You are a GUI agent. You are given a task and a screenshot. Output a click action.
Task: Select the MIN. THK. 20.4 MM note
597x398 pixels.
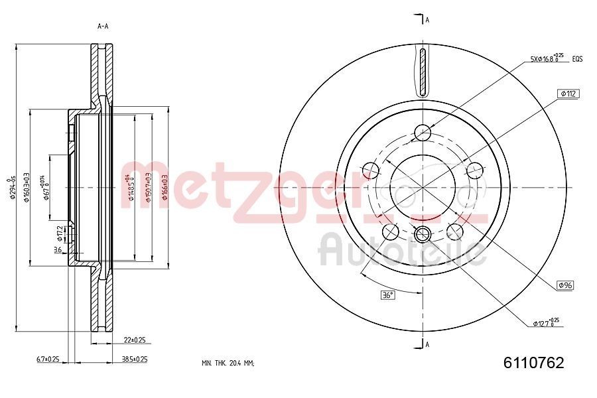click(x=228, y=363)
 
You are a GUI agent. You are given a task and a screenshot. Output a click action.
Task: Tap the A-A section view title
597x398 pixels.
click(x=103, y=27)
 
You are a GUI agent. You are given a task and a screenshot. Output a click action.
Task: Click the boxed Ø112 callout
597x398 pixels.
click(x=569, y=94)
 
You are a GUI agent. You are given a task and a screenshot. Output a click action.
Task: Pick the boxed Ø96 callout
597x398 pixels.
click(x=565, y=285)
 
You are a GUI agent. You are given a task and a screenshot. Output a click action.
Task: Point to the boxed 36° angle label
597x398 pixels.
click(x=387, y=295)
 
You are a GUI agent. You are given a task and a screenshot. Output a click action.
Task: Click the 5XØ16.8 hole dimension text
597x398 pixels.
click(x=547, y=59)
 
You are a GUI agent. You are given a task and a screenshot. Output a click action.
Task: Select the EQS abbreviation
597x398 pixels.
click(x=577, y=60)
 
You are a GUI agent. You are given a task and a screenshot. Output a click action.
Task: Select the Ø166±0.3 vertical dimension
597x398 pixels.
click(x=164, y=187)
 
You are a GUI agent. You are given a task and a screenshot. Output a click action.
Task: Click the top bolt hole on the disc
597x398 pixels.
click(x=422, y=133)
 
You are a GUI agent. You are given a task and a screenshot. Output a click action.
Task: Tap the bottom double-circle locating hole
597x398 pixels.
click(x=422, y=233)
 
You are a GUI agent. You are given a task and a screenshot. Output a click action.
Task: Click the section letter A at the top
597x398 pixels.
click(x=427, y=20)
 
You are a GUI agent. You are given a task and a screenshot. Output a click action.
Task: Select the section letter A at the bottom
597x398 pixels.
click(x=427, y=344)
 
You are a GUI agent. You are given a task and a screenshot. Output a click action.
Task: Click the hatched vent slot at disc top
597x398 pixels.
click(x=422, y=72)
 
